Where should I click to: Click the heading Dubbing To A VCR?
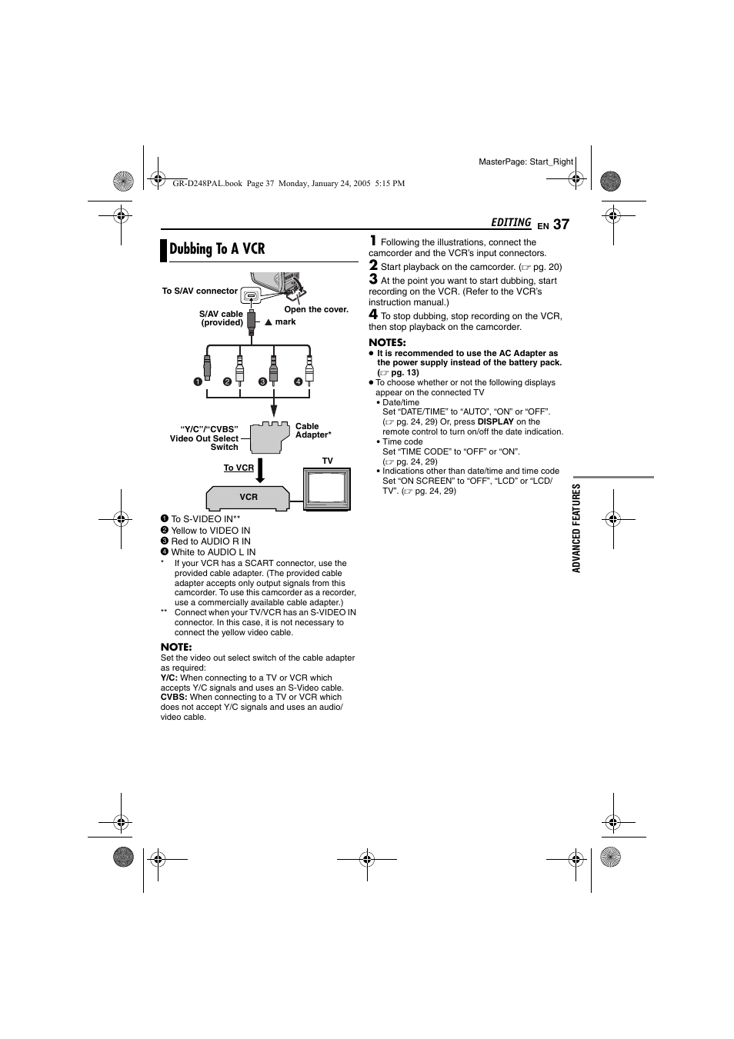click(x=217, y=249)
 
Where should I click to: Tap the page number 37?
click(x=561, y=225)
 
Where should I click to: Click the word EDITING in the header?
click(x=511, y=223)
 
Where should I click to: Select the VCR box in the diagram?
click(x=248, y=497)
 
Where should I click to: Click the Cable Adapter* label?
click(x=312, y=431)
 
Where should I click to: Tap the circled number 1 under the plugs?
click(x=198, y=381)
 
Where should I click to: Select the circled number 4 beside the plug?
click(x=298, y=381)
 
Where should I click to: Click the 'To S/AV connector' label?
click(x=199, y=291)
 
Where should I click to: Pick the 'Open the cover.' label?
click(x=316, y=310)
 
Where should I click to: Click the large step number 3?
click(x=373, y=279)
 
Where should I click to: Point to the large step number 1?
click(x=373, y=241)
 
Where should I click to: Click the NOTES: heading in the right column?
click(x=387, y=343)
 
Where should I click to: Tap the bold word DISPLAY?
click(x=495, y=422)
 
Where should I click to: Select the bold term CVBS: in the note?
click(x=174, y=698)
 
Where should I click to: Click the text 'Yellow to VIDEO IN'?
click(x=210, y=531)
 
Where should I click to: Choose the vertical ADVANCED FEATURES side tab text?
click(x=576, y=528)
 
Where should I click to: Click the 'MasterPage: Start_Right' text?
click(x=525, y=162)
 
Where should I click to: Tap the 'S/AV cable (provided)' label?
click(x=222, y=318)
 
